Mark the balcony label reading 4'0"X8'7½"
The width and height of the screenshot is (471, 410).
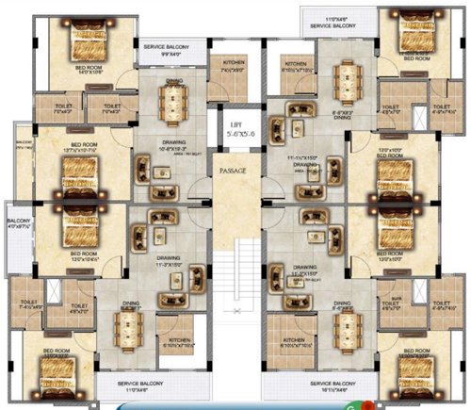19,225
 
